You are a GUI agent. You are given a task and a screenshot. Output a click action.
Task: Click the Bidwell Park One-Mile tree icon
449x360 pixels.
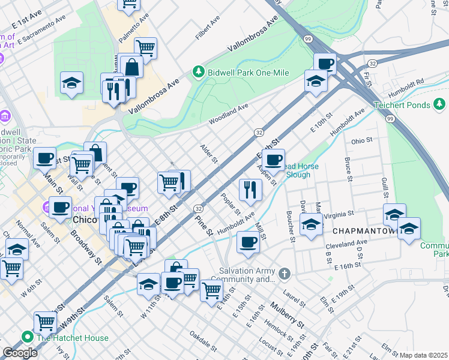click(x=199, y=72)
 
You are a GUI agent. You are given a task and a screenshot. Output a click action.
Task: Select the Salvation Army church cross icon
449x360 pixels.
click(x=285, y=274)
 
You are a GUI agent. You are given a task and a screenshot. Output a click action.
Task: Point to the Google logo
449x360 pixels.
click(x=20, y=353)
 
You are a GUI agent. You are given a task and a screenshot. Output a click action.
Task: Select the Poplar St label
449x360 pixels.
click(x=231, y=205)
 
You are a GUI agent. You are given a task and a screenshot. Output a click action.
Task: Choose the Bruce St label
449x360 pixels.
click(x=348, y=169)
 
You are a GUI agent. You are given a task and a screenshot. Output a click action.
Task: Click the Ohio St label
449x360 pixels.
click(x=362, y=141)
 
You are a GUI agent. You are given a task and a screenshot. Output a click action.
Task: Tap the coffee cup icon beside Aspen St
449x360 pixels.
click(x=273, y=160)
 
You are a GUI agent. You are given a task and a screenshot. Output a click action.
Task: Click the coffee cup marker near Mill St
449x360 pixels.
click(x=247, y=242)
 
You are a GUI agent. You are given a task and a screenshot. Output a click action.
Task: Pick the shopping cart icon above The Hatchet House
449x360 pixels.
click(x=45, y=322)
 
